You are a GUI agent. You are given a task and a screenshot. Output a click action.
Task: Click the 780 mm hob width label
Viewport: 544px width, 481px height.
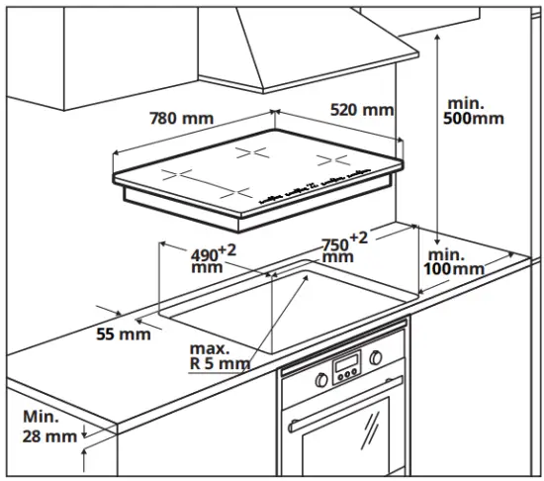181,119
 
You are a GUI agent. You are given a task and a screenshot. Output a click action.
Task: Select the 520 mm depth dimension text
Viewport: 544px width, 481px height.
360,109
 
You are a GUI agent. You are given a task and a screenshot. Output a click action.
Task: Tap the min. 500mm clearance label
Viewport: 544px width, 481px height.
475,111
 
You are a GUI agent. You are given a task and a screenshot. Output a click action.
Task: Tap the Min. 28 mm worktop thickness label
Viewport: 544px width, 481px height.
49,426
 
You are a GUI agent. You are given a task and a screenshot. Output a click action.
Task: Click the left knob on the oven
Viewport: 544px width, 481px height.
322,378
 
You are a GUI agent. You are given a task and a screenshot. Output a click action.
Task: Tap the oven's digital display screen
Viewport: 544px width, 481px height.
347,369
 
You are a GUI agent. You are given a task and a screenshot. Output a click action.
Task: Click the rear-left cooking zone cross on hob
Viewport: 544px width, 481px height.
253,152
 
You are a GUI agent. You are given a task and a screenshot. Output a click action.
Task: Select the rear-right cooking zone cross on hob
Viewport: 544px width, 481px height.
325,158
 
